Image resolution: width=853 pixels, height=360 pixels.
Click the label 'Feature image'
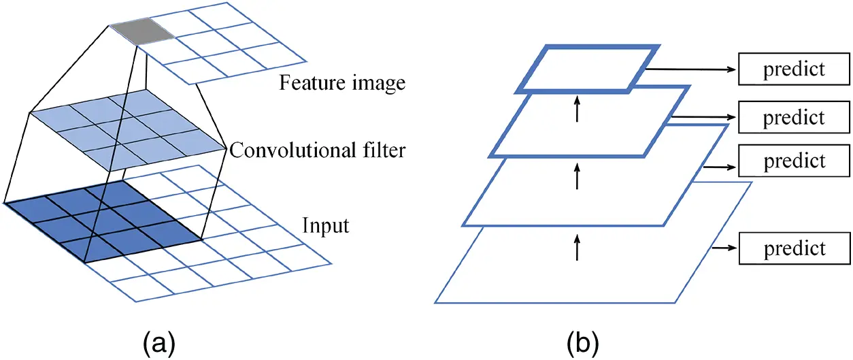(342, 83)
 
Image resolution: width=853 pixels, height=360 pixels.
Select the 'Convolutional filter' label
(317, 149)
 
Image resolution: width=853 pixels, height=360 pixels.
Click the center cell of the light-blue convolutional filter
(127, 127)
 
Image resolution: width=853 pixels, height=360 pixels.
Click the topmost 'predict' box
(793, 69)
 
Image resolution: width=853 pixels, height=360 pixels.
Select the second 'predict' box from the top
(793, 117)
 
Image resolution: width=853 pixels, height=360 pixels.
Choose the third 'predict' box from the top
(793, 161)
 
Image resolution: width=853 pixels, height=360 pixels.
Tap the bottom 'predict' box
(793, 248)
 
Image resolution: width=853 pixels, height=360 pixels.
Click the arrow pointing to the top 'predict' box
(690, 69)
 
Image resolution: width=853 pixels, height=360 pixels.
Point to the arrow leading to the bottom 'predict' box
(724, 248)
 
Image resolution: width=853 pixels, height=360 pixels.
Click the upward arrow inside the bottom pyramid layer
(577, 248)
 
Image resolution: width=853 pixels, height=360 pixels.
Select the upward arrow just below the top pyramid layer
(577, 109)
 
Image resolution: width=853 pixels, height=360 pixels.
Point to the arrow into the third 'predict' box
(720, 165)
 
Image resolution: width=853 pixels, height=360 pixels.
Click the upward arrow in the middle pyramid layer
(577, 178)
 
